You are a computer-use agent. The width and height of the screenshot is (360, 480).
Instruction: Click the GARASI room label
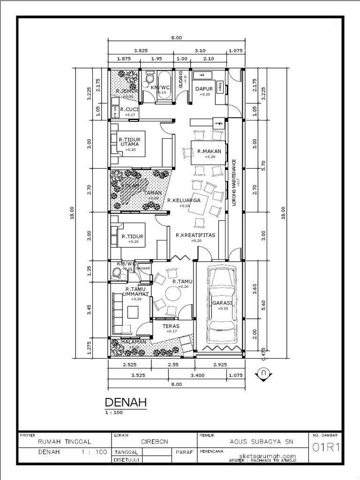pyautogui.click(x=222, y=303)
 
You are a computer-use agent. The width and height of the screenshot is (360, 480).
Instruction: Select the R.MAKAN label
pyautogui.click(x=206, y=151)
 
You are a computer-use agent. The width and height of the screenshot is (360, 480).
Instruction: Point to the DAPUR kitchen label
pyautogui.click(x=204, y=89)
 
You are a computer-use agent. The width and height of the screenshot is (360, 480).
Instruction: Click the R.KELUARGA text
pyautogui.click(x=184, y=200)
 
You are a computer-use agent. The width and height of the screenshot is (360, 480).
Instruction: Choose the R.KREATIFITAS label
pyautogui.click(x=195, y=235)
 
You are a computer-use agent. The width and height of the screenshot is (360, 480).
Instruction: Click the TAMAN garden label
pyautogui.click(x=153, y=193)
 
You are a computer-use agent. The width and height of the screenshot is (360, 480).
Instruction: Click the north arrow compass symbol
pyautogui.click(x=264, y=374)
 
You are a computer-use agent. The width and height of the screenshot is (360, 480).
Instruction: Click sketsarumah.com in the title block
pyautogui.click(x=267, y=456)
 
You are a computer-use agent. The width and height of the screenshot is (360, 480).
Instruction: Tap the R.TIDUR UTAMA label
pyautogui.click(x=130, y=142)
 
